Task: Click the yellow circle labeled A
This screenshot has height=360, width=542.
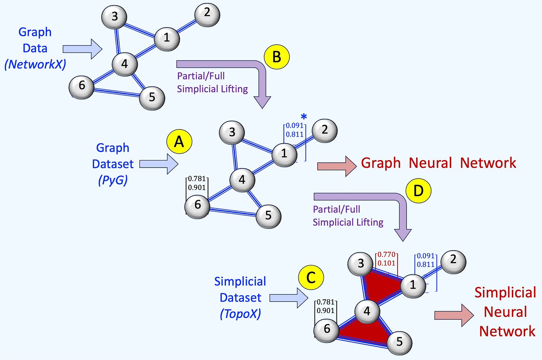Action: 179,142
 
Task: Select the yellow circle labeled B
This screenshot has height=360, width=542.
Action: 277,57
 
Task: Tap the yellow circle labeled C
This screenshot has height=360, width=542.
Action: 311,277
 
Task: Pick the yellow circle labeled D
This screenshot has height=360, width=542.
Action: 418,191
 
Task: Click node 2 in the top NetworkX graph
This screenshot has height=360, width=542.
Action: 207,14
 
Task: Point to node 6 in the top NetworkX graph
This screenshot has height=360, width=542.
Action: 82,86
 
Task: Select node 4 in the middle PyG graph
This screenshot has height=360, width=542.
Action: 242,180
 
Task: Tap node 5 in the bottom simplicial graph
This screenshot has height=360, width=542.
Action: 399,341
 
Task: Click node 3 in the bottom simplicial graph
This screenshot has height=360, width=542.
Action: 360,264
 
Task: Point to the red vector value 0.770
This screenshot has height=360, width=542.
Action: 386,255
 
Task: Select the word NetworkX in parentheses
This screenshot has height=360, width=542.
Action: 35,64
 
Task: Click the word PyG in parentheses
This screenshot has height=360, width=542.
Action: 113,180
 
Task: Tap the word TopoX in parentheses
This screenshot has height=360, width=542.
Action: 240,314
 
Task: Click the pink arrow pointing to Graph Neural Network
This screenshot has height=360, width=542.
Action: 337,166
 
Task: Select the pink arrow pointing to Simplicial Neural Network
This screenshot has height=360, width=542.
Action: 453,315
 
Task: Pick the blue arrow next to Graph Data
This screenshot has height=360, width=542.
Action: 82,49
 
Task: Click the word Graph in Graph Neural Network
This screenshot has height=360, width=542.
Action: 380,163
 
